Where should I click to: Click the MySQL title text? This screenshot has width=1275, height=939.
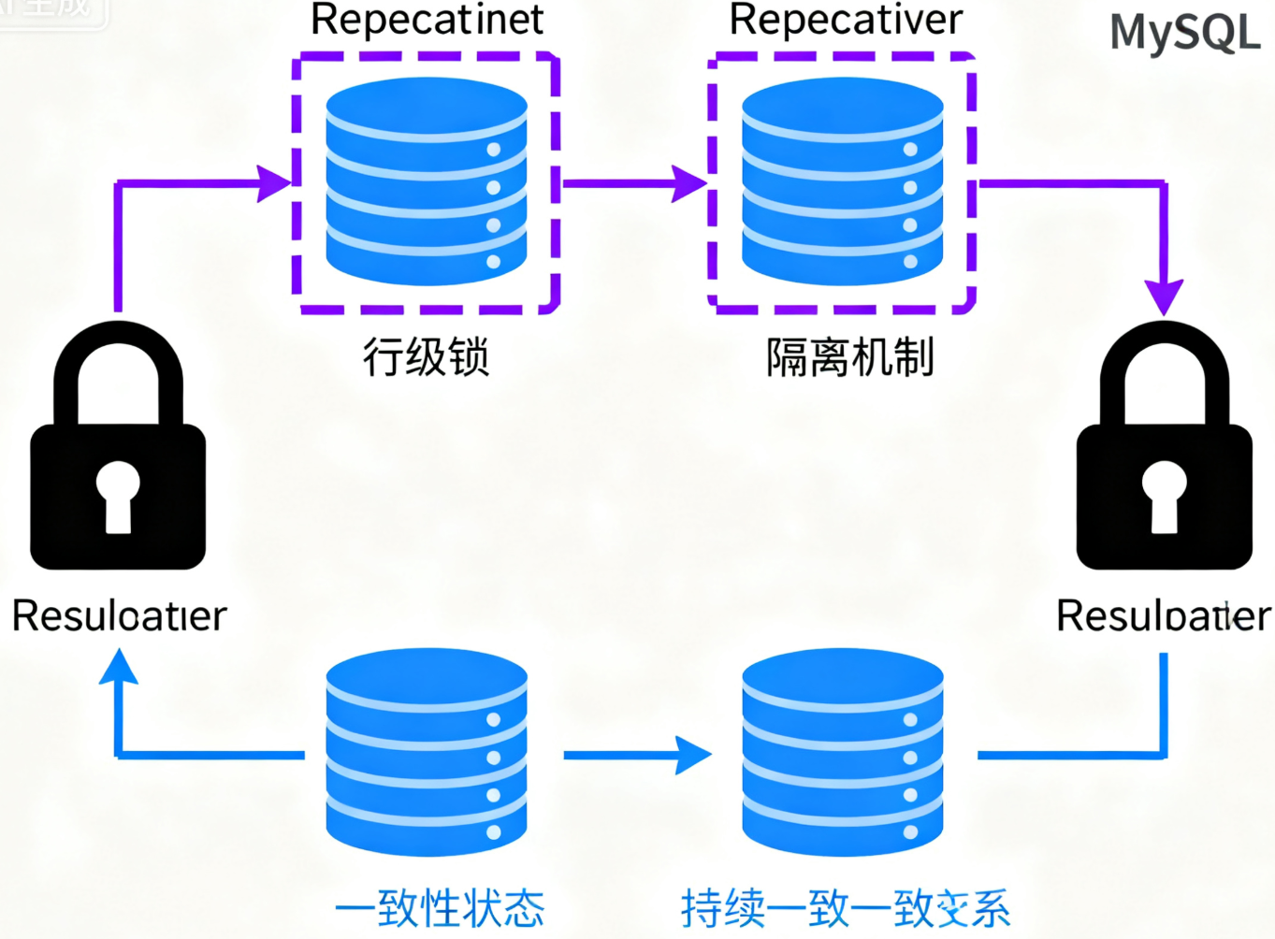click(x=1184, y=33)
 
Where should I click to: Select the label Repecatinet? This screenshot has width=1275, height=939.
click(x=427, y=20)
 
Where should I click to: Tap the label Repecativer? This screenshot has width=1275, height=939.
click(x=846, y=20)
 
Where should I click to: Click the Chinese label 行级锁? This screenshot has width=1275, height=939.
click(x=426, y=357)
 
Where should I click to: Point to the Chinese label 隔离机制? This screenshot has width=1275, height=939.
click(x=849, y=357)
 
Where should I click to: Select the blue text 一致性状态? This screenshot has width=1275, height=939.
click(x=439, y=907)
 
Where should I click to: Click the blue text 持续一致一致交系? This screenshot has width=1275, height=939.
click(x=846, y=907)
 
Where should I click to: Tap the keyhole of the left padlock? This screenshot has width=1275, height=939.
click(x=118, y=496)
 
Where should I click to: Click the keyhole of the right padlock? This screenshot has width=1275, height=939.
click(x=1164, y=496)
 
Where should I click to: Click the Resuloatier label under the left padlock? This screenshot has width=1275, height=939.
click(x=119, y=615)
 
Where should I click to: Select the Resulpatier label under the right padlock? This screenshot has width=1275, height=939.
click(x=1163, y=615)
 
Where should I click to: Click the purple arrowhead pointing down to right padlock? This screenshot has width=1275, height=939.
click(x=1164, y=296)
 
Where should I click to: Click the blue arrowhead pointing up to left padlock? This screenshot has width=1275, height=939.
click(x=119, y=667)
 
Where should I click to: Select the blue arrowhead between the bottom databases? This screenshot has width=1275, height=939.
click(x=693, y=755)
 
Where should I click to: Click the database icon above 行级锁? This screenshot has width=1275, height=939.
click(x=427, y=181)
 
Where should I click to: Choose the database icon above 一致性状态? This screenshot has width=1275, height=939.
click(x=427, y=752)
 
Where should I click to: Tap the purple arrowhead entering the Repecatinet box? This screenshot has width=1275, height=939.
click(x=274, y=183)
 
